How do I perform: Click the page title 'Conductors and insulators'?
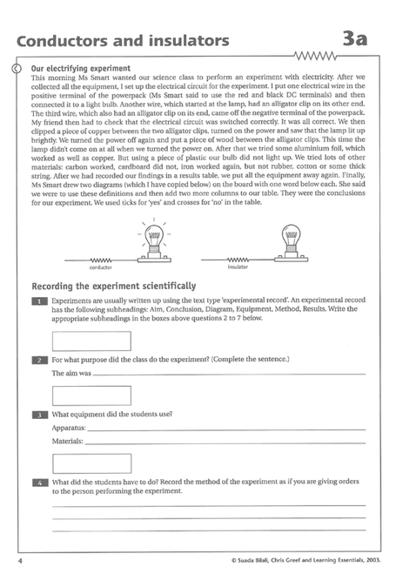pyautogui.click(x=123, y=40)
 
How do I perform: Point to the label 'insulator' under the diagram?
pyautogui.click(x=238, y=268)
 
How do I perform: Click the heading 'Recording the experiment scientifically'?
pyautogui.click(x=113, y=286)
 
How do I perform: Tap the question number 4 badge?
pyautogui.click(x=39, y=482)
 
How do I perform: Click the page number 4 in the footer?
pyautogui.click(x=19, y=555)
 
